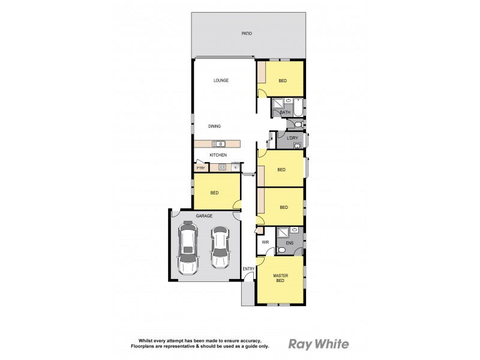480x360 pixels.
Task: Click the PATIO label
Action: coord(246,34)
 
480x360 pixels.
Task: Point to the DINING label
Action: coord(215,126)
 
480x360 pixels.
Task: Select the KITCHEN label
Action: coord(218,155)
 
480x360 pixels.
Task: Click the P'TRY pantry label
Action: coord(200,168)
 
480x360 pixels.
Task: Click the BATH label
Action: coord(285,113)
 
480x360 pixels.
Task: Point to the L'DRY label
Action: coord(293,139)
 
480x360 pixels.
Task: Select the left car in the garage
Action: coord(189,247)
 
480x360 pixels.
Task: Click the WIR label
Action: coord(265,242)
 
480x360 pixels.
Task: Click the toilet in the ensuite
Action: coord(281,251)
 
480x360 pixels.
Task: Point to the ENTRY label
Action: coord(248,268)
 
